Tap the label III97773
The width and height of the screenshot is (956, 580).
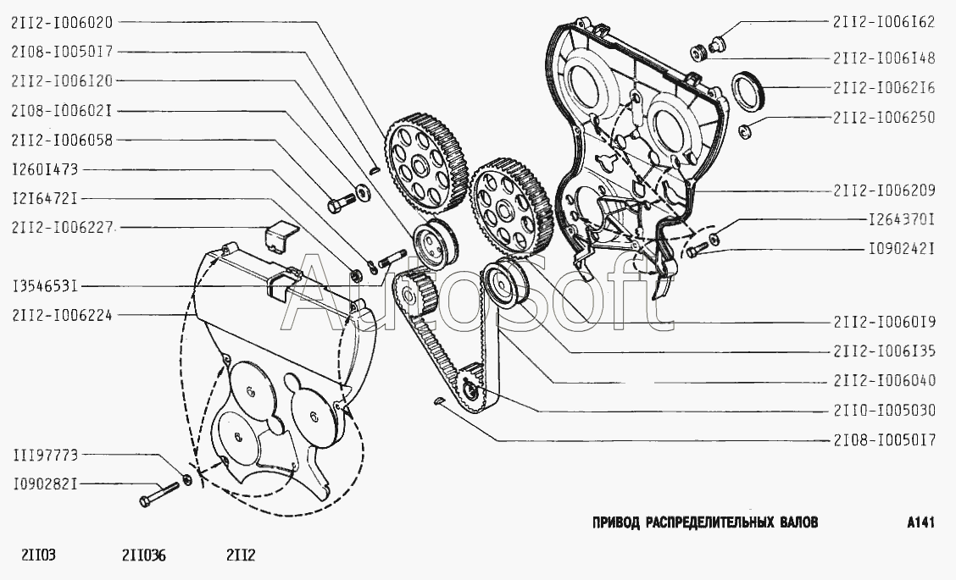(45, 455)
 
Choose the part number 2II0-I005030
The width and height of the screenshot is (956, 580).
(884, 411)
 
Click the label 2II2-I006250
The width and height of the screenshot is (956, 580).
(884, 118)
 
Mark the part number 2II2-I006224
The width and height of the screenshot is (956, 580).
(63, 314)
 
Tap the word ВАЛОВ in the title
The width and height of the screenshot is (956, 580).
(797, 522)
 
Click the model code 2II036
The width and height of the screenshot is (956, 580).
(144, 556)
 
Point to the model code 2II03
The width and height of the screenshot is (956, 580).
(38, 556)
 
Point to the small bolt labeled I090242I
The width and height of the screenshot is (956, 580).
(695, 251)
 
